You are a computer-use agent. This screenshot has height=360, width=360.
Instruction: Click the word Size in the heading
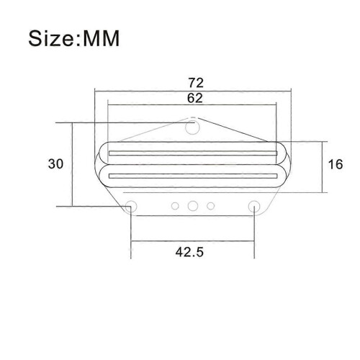[50, 38]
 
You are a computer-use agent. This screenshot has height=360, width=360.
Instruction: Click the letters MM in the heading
[101, 38]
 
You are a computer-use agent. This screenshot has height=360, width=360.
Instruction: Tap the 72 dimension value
[196, 83]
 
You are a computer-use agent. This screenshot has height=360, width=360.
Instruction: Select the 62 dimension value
[195, 98]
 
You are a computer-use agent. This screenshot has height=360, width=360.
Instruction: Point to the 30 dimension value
[55, 164]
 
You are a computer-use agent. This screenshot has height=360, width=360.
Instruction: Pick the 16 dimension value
[336, 164]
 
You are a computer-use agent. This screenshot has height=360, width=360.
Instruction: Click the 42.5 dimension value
[189, 252]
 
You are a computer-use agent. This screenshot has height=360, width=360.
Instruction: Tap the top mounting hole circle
[192, 127]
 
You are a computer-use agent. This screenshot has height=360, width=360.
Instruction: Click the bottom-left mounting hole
[131, 206]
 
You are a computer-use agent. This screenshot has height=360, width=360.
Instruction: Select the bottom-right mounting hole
[254, 206]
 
